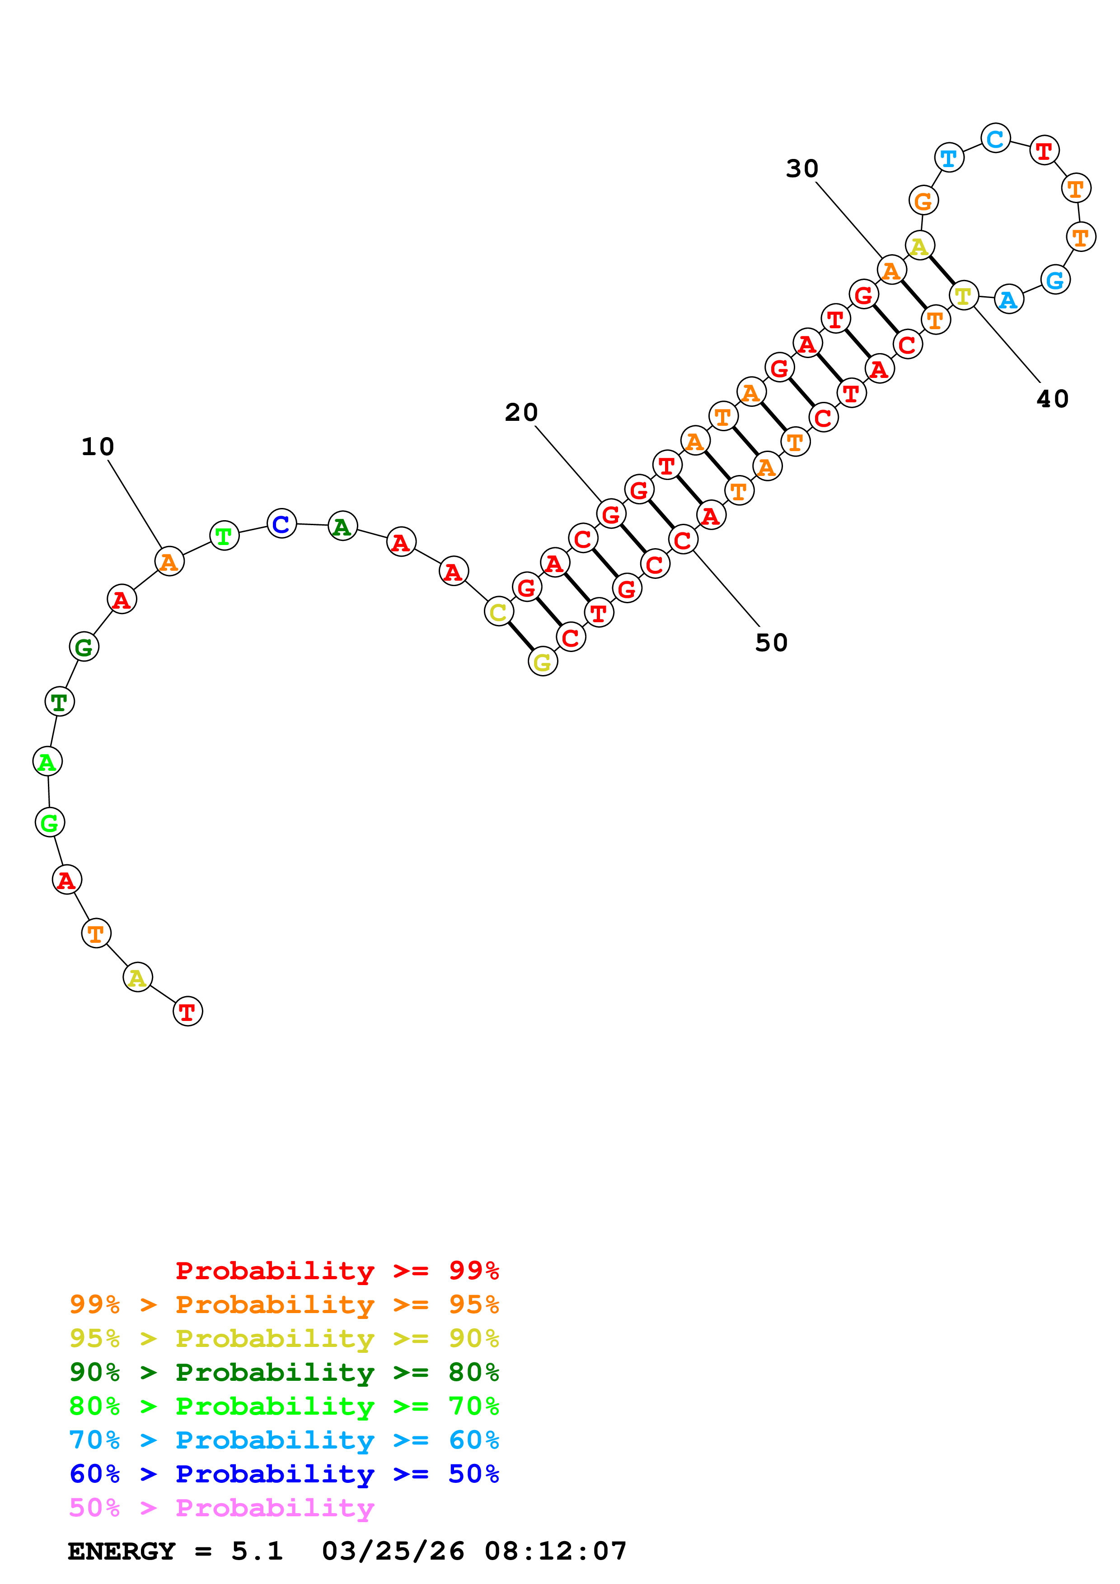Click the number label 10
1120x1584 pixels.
[x=97, y=447]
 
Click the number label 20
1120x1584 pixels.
[x=521, y=413]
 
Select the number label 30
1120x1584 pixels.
[x=802, y=168]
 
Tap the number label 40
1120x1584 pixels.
[x=1052, y=399]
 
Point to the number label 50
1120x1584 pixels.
[x=771, y=643]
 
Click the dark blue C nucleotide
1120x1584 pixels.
[x=281, y=524]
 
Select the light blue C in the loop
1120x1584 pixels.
[x=995, y=139]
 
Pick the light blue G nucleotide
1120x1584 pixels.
[x=1055, y=280]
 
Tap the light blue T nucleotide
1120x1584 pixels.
[x=949, y=158]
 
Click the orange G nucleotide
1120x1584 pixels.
[x=923, y=201]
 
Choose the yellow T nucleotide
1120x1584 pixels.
[x=963, y=296]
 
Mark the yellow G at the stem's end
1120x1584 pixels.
[x=543, y=662]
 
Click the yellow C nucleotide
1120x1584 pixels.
[x=498, y=612]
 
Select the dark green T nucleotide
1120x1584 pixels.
[x=59, y=702]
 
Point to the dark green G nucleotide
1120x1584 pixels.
[x=84, y=647]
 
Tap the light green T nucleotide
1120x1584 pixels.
[x=224, y=536]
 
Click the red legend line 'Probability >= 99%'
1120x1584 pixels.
[x=337, y=1271]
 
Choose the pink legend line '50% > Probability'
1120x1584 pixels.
[x=221, y=1508]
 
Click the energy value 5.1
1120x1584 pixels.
[x=257, y=1551]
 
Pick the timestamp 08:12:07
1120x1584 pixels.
[x=556, y=1551]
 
